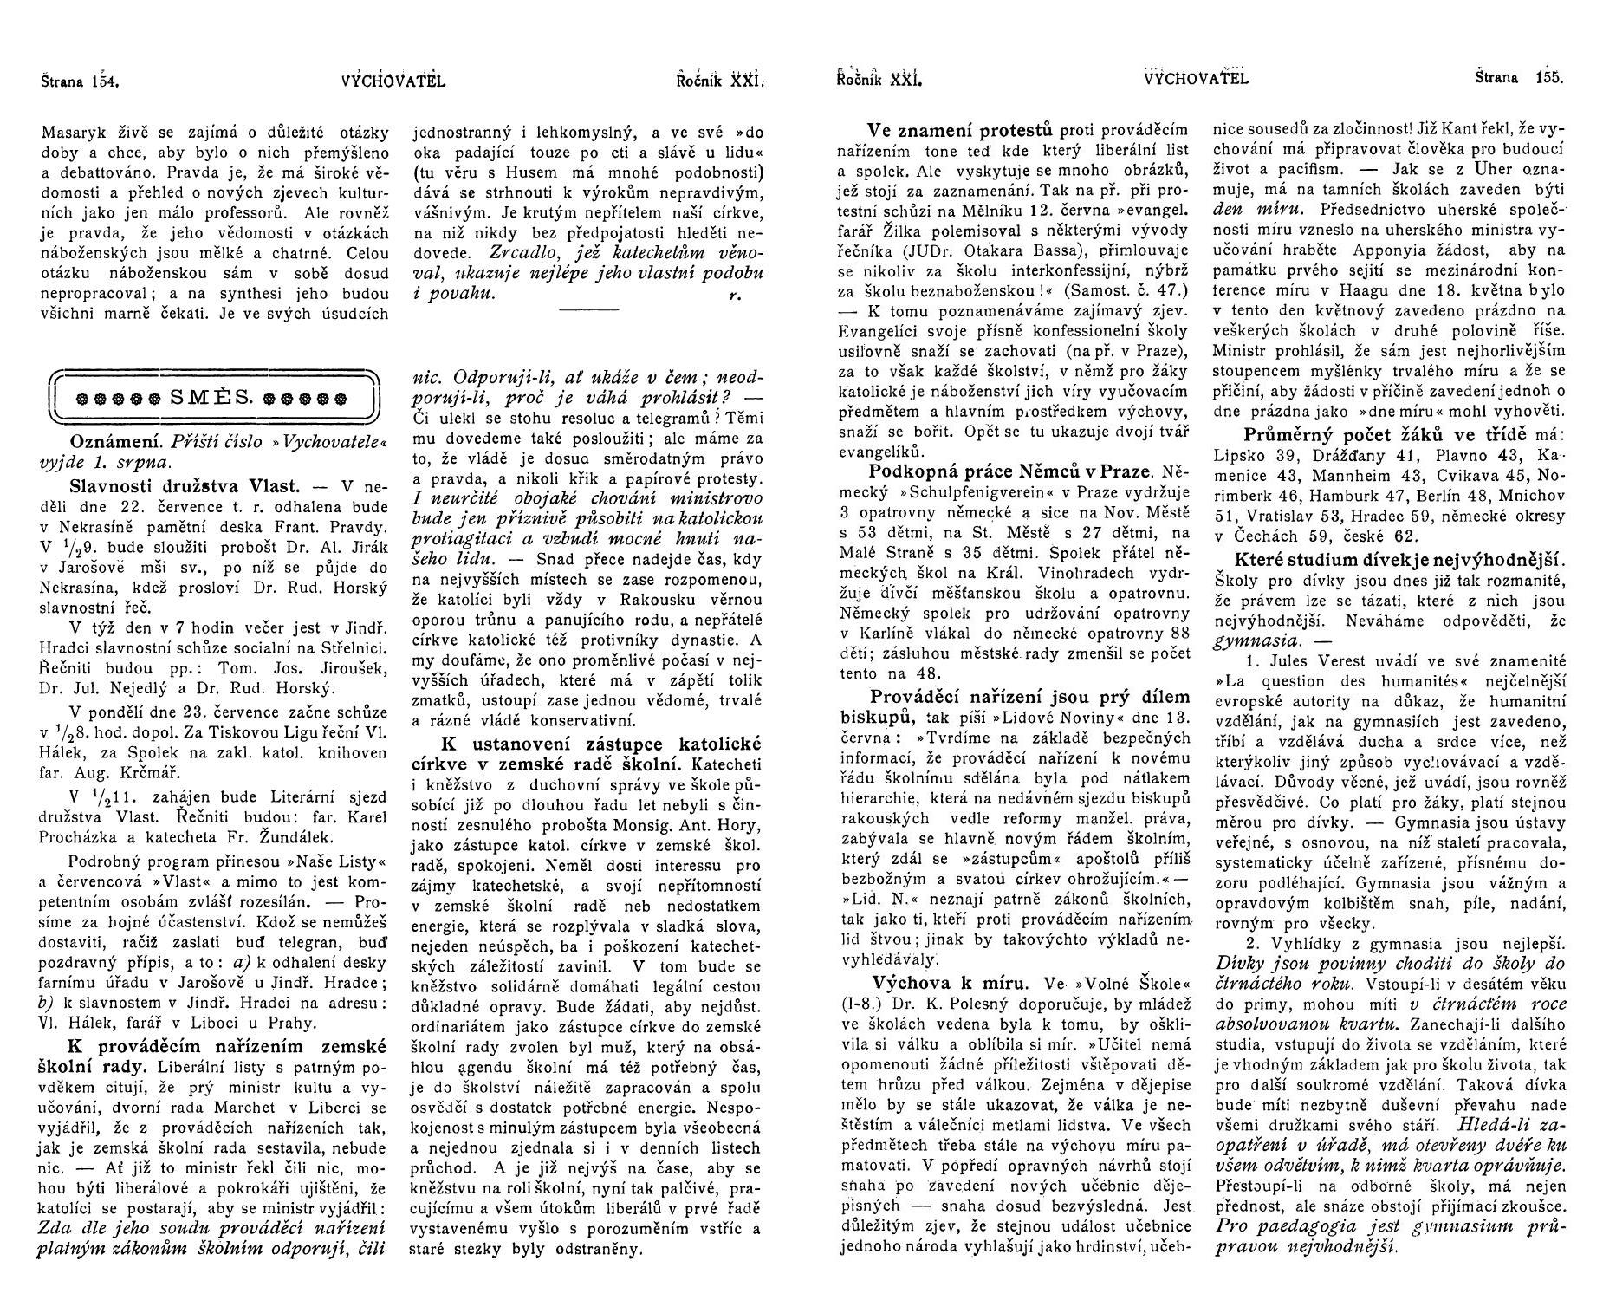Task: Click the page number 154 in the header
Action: point(103,82)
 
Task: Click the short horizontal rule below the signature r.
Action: point(588,309)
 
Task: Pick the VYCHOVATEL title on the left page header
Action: point(393,81)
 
